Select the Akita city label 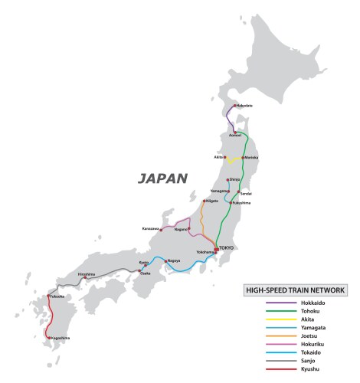click(219, 157)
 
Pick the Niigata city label click(212, 201)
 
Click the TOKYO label click(226, 247)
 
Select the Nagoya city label click(174, 260)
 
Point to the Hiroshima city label click(86, 273)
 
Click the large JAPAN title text click(162, 179)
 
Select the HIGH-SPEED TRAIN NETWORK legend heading click(295, 290)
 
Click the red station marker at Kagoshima click(49, 338)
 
